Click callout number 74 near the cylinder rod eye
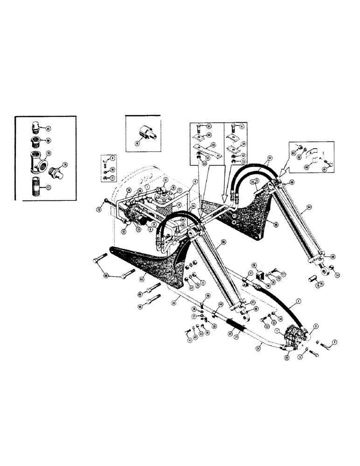(x=337, y=275)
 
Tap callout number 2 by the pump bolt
(x=334, y=343)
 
